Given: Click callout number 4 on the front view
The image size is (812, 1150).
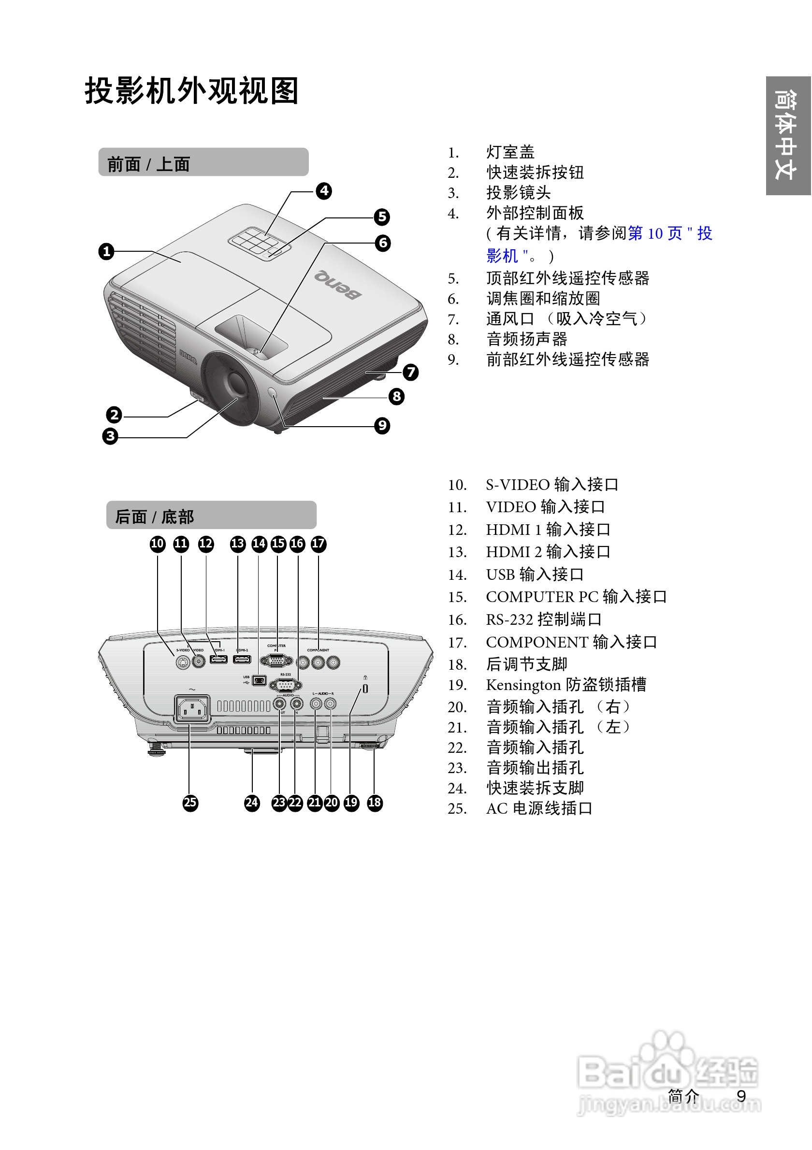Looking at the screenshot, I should click(324, 191).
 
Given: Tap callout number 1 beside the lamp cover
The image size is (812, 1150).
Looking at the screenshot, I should click(106, 251).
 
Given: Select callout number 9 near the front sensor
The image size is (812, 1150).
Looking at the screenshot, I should click(382, 426).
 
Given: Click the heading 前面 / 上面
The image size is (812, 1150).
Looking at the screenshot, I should click(149, 164).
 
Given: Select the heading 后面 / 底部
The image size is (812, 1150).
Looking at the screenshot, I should click(154, 517).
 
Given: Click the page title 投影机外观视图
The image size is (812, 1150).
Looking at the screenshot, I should click(191, 91).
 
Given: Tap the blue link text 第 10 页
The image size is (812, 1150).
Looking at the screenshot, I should click(654, 233).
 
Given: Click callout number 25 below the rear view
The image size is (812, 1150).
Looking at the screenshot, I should click(190, 803).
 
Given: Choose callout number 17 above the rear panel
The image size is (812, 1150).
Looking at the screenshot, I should click(318, 544).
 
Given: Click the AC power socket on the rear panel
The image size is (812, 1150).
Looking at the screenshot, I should click(192, 709).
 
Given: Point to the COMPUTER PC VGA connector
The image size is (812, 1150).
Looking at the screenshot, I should click(276, 661).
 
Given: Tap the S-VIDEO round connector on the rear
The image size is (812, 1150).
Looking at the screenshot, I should click(183, 662).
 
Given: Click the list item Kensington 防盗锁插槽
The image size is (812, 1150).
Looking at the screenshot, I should click(565, 685).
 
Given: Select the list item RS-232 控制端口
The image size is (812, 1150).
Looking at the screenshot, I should click(543, 619).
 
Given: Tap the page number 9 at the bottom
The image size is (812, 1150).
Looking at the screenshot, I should click(741, 1096).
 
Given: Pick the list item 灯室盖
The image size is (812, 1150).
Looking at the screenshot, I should click(510, 152).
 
